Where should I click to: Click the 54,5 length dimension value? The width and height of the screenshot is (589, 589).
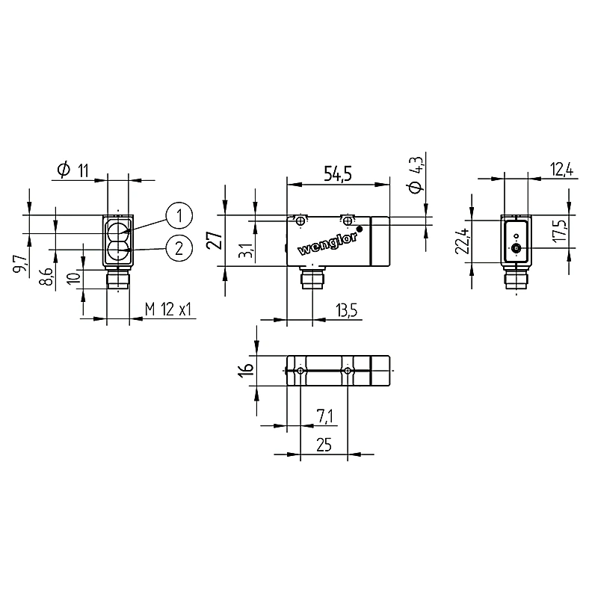tap(338, 174)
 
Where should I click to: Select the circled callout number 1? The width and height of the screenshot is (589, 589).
tap(179, 215)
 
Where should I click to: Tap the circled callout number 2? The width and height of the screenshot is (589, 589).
tap(179, 248)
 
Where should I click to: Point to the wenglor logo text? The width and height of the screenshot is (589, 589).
tap(327, 244)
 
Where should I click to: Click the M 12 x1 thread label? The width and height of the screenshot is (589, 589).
tap(168, 309)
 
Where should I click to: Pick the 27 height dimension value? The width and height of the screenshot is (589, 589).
tap(215, 240)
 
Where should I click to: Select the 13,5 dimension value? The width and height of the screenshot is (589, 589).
tap(346, 311)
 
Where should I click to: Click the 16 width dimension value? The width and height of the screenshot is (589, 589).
tap(247, 370)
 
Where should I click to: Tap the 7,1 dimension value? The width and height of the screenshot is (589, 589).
tap(324, 416)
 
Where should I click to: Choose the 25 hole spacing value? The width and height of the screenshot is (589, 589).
tap(324, 445)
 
